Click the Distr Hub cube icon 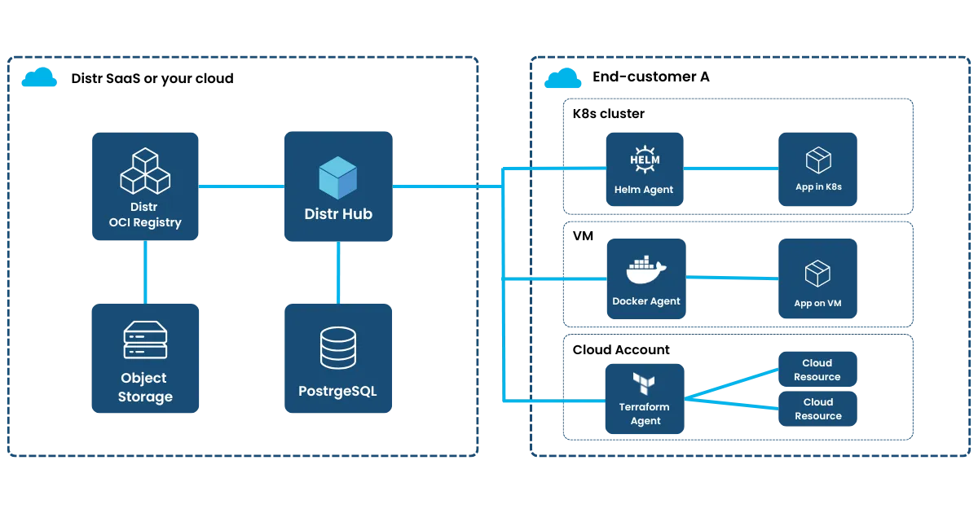point(338,178)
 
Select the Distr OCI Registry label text point(145,215)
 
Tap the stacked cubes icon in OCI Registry point(145,171)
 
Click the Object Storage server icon point(145,340)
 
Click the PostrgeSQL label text point(337,391)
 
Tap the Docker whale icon point(645,270)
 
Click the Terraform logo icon point(645,383)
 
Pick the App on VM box point(817,278)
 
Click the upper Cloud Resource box point(817,370)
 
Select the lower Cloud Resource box point(817,409)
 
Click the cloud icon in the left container point(39,78)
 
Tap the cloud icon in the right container point(564,79)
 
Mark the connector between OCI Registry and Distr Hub point(240,186)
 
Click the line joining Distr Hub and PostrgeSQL point(337,272)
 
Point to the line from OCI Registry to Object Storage point(146,271)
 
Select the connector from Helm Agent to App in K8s point(730,169)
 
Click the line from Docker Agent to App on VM point(730,278)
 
